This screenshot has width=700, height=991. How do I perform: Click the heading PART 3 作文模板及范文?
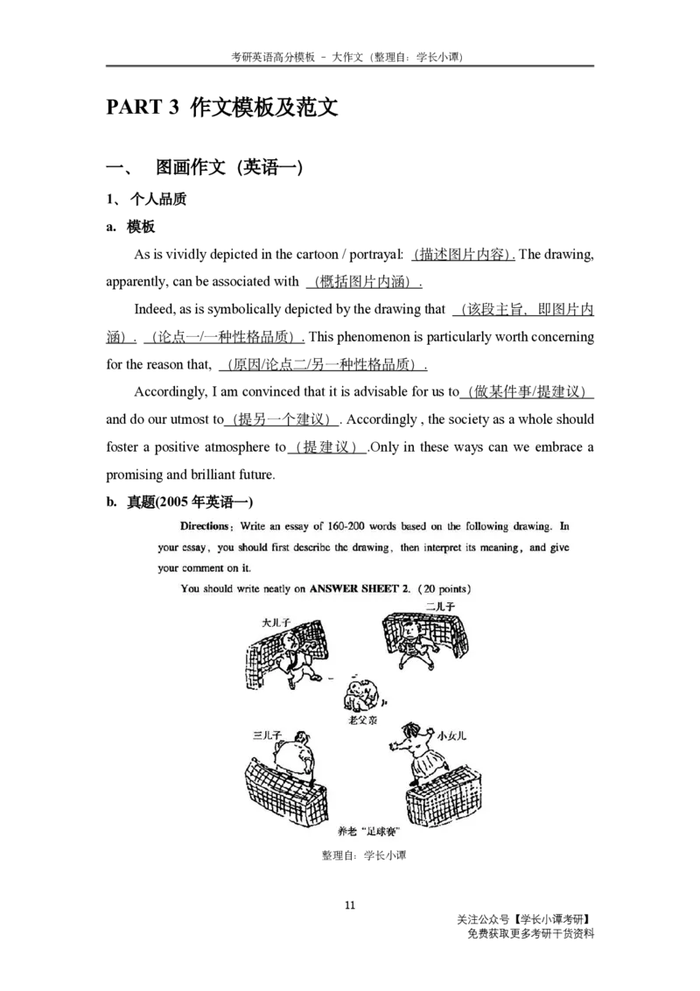click(x=221, y=108)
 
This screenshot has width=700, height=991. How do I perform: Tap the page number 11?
click(x=350, y=904)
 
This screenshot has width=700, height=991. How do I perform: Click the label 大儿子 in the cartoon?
click(x=276, y=622)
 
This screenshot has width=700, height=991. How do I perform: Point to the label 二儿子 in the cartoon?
click(x=440, y=606)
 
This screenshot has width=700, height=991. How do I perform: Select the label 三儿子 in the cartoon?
click(x=267, y=735)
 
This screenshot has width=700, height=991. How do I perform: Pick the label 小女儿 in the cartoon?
click(x=451, y=735)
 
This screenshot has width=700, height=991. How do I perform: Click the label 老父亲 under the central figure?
click(x=362, y=720)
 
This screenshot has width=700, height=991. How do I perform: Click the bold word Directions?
click(x=205, y=526)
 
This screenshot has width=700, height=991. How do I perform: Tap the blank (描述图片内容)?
click(x=463, y=255)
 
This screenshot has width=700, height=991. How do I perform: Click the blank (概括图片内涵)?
click(x=365, y=282)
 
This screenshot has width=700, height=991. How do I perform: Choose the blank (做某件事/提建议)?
click(x=527, y=392)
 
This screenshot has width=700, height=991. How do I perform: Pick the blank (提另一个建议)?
click(x=282, y=419)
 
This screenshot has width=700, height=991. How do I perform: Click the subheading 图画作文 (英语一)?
click(x=229, y=167)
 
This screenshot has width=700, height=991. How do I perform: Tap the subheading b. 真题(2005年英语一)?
click(x=179, y=502)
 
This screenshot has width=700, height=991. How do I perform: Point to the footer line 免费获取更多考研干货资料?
click(x=530, y=933)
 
